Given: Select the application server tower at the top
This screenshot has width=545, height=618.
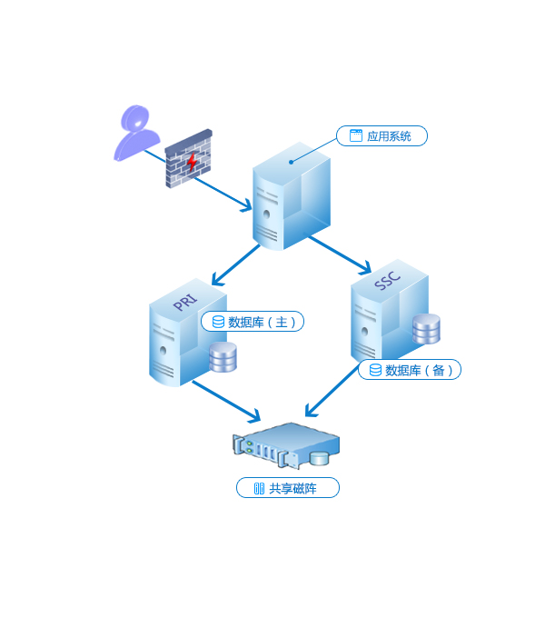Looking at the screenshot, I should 291,195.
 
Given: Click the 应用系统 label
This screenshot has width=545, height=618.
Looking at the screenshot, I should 381,136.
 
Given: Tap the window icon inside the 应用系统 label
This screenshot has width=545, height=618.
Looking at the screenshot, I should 356,135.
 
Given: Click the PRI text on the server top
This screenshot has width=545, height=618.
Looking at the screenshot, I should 185,300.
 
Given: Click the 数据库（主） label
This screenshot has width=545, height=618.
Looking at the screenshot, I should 253,322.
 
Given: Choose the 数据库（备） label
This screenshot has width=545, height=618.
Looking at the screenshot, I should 410,370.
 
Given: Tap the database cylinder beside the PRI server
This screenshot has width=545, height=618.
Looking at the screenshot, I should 223,357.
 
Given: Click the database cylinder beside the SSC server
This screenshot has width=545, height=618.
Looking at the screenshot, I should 426,329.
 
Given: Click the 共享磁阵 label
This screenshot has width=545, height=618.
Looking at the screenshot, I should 287,488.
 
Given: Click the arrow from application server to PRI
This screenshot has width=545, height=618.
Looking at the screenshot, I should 234,265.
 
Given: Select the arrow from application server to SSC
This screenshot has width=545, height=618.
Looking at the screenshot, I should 339,254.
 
